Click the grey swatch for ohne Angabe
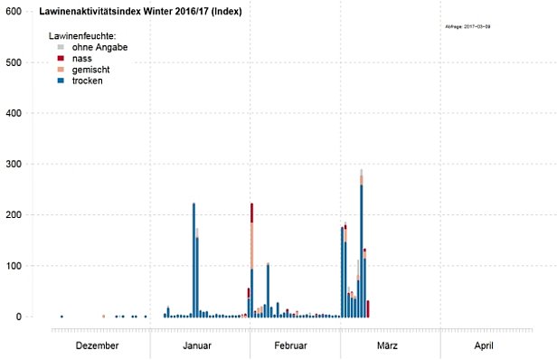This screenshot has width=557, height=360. click(x=60, y=46)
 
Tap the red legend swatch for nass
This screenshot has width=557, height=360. click(x=60, y=58)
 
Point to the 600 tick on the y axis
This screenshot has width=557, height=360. click(x=14, y=12)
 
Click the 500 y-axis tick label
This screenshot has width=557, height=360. click(x=14, y=62)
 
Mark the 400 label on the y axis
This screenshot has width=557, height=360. click(x=14, y=113)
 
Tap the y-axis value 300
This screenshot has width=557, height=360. click(x=14, y=164)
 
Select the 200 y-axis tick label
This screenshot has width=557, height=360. click(x=14, y=215)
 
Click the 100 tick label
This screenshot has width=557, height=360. click(x=14, y=266)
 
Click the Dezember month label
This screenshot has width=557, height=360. click(x=97, y=346)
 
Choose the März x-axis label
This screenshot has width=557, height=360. click(x=386, y=346)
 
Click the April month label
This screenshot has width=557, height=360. click(x=483, y=346)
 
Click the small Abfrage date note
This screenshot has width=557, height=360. click(x=468, y=27)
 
